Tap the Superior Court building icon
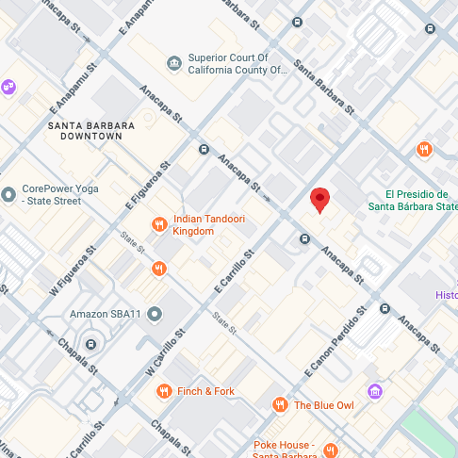click(x=173, y=63)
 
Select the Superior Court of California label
click(x=236, y=63)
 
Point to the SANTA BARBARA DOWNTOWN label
click(x=86, y=130)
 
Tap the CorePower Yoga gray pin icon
click(x=8, y=194)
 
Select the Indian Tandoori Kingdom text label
click(x=208, y=223)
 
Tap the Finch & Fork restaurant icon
click(x=164, y=391)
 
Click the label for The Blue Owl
click(x=323, y=405)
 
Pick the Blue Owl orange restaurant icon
click(x=279, y=405)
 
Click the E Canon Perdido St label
click(x=335, y=347)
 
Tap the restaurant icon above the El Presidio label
click(x=424, y=148)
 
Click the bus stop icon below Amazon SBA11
click(x=90, y=342)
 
